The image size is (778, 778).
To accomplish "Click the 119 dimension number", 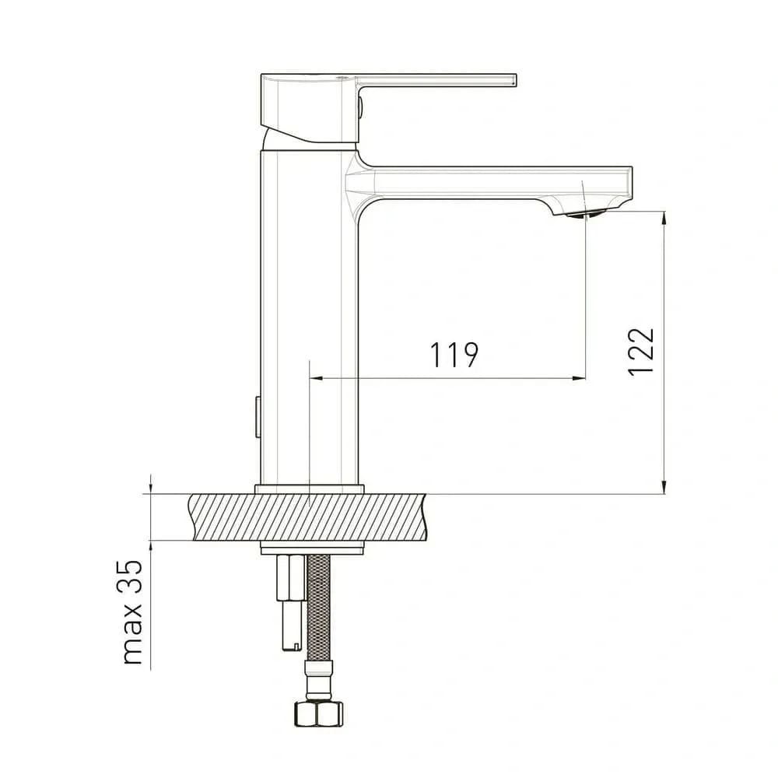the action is pos(454,355).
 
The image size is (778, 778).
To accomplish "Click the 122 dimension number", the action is pos(641,352).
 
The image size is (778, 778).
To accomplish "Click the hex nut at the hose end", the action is pos(319,714).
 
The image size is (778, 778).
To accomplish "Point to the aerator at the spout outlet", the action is pos(586,214).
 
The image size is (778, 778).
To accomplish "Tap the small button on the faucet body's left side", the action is pos(258,417).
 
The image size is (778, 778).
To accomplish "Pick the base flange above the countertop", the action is pos(310,489).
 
